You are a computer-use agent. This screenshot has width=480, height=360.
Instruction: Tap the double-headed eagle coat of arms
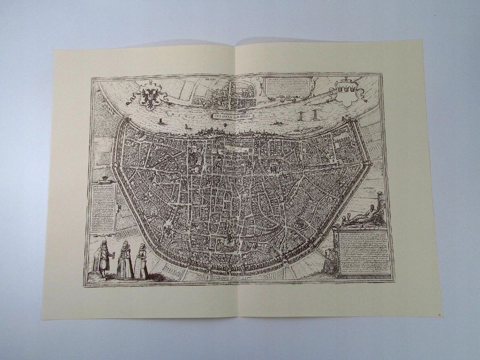click(x=150, y=95)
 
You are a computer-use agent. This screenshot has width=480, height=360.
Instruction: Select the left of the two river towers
click(x=301, y=116)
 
